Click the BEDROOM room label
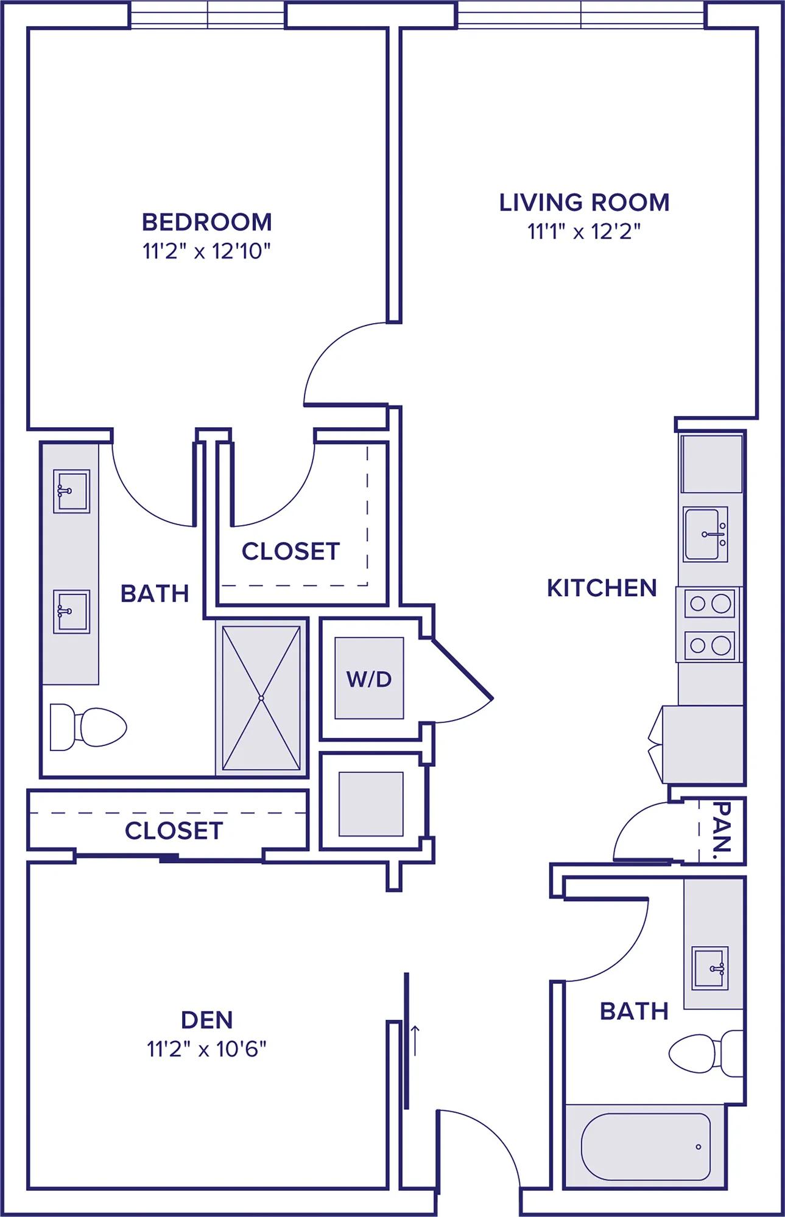(207, 222)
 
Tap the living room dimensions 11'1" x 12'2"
(584, 232)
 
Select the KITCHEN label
(602, 588)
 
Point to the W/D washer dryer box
(369, 678)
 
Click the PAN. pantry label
(722, 827)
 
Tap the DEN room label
(207, 1020)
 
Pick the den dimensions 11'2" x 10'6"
(207, 1049)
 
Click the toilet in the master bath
(88, 727)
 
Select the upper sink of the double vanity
(71, 491)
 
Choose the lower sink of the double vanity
(71, 612)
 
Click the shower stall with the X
(261, 698)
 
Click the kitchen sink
(705, 534)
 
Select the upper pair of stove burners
(709, 604)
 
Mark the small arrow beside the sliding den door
(415, 1041)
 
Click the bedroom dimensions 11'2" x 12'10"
(206, 251)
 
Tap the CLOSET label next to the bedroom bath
(290, 551)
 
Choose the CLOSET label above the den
(174, 831)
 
